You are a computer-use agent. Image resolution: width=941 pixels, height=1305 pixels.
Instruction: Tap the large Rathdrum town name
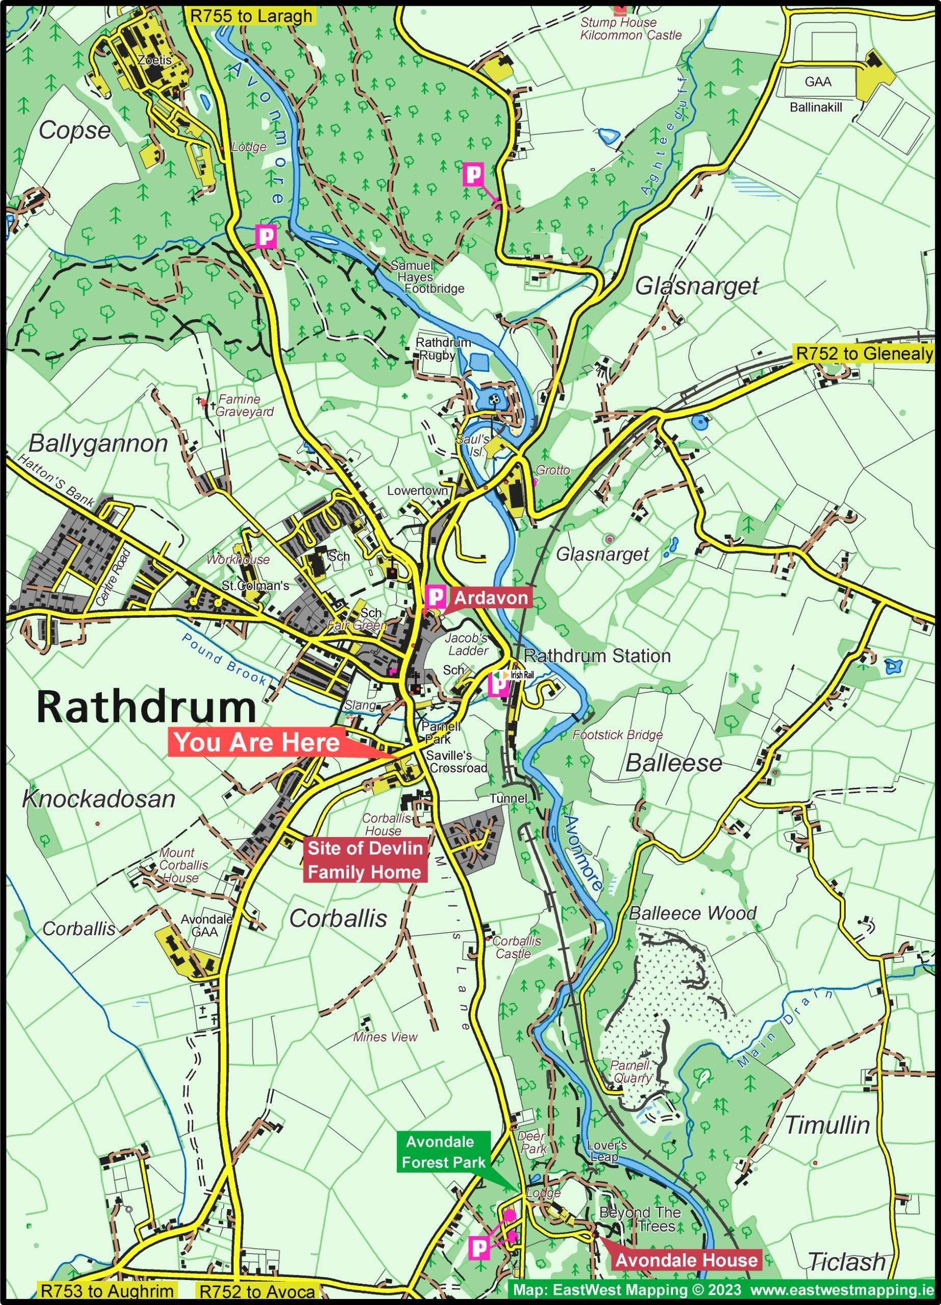(x=146, y=707)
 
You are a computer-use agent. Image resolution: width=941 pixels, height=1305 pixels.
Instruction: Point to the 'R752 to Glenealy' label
(x=864, y=353)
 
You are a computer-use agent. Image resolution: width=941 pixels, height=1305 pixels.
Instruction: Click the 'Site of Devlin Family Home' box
(x=365, y=859)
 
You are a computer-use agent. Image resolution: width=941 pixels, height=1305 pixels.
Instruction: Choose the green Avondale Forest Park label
(x=443, y=1152)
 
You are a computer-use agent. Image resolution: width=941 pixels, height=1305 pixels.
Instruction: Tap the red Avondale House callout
(x=686, y=1260)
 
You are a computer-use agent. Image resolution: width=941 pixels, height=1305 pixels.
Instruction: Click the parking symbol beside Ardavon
(x=436, y=597)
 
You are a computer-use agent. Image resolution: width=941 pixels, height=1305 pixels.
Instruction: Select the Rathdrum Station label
(x=597, y=656)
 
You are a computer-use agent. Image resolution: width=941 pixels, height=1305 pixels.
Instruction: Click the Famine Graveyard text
(x=245, y=405)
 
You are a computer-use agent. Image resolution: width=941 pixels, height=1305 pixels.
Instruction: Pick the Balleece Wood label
(x=692, y=912)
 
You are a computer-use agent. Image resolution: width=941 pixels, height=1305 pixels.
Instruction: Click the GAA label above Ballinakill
(x=817, y=82)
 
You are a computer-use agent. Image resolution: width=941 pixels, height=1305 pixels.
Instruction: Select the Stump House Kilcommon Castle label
(x=630, y=29)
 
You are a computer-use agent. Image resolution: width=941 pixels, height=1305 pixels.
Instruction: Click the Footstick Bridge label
(x=617, y=735)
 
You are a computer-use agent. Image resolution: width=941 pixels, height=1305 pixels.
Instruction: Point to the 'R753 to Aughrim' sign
(x=107, y=1291)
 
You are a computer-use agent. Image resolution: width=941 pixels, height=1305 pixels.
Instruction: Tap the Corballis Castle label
(x=516, y=947)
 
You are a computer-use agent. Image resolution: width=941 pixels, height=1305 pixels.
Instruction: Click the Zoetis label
(x=154, y=60)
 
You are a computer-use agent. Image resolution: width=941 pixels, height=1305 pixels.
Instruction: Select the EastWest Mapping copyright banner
(x=723, y=1290)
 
